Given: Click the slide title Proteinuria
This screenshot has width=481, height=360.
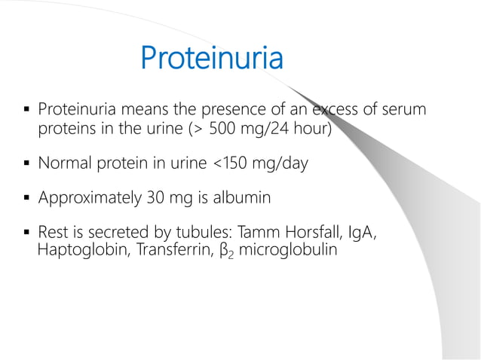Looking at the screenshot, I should pos(212,59).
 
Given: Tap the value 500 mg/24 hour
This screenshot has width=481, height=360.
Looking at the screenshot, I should pos(268,129).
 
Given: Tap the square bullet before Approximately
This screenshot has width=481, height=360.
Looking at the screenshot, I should pos(26,200).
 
